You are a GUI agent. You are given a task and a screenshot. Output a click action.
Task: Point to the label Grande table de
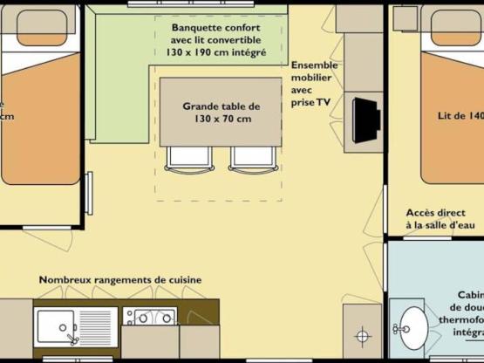click(x=221, y=106)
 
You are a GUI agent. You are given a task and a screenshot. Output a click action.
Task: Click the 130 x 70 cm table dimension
click(x=221, y=119)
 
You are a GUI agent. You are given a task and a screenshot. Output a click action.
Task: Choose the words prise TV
click(x=311, y=101)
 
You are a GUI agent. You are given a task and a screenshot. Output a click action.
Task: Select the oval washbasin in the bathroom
click(x=409, y=329)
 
